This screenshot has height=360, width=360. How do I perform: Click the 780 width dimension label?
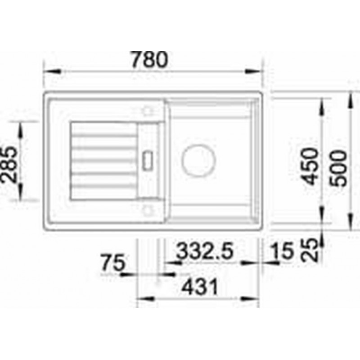click(x=149, y=60)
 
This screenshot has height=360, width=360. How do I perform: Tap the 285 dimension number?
click(x=9, y=165)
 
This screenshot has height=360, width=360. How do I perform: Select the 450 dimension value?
click(x=310, y=166)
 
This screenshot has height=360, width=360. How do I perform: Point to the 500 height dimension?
click(x=338, y=168)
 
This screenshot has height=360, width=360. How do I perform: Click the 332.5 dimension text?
click(x=205, y=251)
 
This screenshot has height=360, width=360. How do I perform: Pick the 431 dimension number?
click(x=199, y=287)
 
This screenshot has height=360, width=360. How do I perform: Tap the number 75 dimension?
click(x=114, y=262)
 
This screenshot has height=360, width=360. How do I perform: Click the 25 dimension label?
click(x=310, y=250)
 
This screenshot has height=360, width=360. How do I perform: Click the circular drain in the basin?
click(x=198, y=161)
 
